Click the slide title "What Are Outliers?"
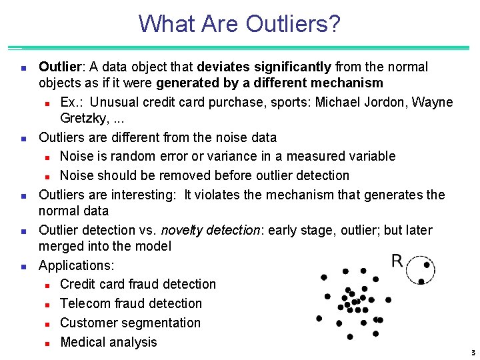click(x=239, y=24)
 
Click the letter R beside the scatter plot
click(x=397, y=261)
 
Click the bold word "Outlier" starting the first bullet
click(x=60, y=67)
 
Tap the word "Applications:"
click(x=76, y=265)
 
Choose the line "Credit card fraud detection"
click(x=138, y=285)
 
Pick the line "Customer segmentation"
click(x=130, y=323)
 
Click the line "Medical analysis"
click(x=109, y=343)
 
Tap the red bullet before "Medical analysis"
click(x=48, y=343)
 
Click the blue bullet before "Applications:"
click(x=23, y=266)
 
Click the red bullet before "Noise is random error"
click(x=48, y=157)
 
